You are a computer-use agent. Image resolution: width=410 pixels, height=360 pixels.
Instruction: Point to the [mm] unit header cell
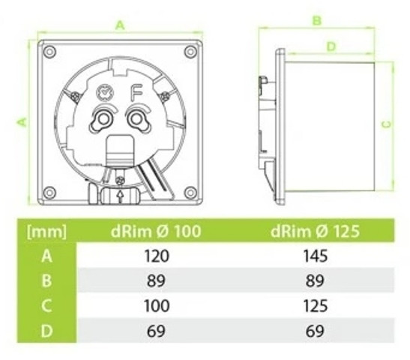(x=47, y=231)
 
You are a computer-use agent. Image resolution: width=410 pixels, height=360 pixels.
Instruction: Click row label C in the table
(x=47, y=305)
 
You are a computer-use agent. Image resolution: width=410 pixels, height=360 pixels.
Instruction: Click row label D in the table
(x=47, y=330)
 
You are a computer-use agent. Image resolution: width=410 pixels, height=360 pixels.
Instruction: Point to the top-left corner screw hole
(x=49, y=52)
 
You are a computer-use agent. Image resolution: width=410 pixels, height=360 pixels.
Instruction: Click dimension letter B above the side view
(x=317, y=20)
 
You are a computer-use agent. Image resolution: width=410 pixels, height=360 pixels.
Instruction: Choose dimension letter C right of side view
(x=385, y=124)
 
